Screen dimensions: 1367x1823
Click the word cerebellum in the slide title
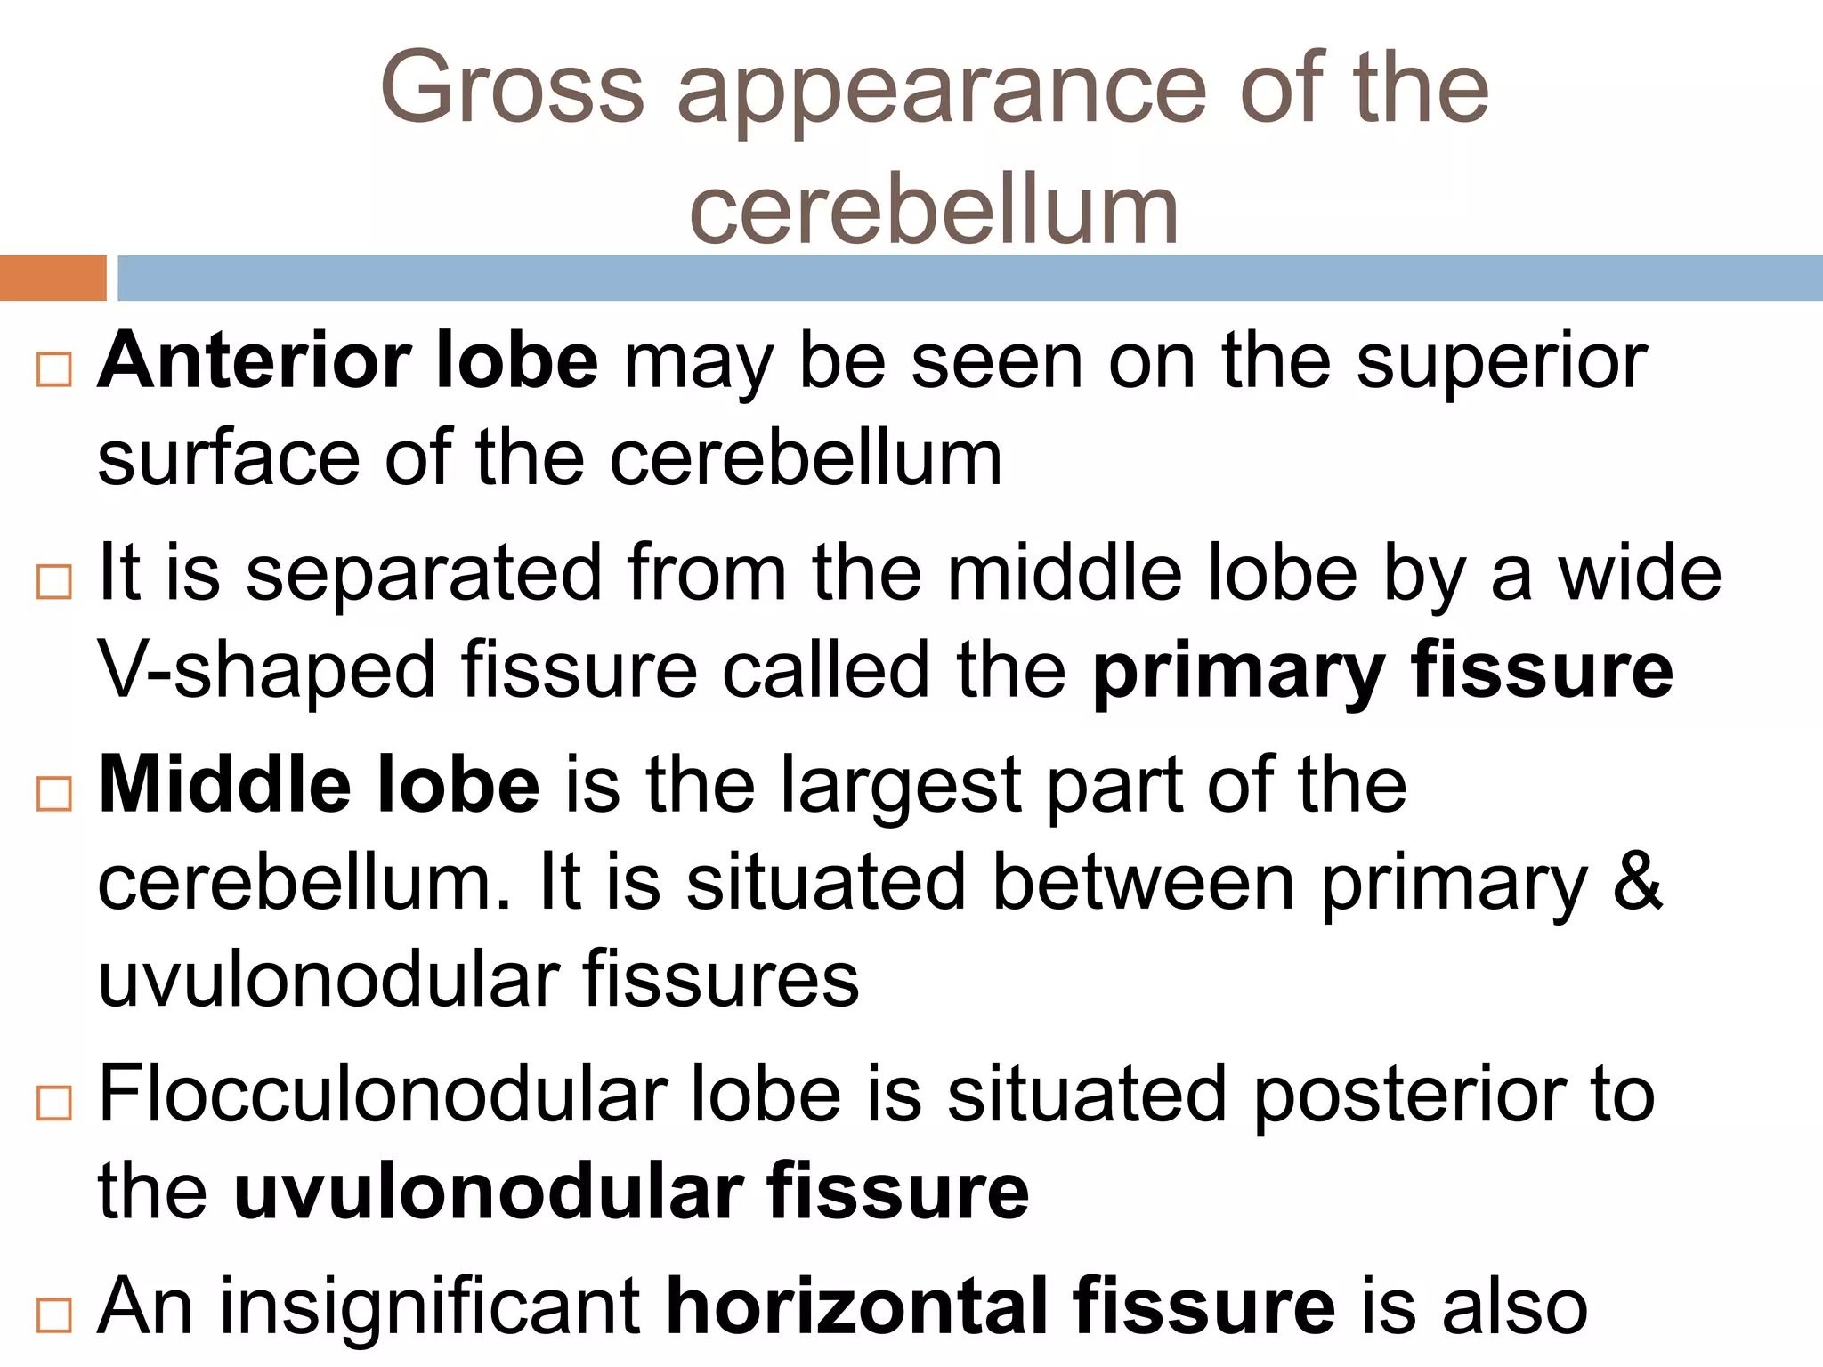pos(934,210)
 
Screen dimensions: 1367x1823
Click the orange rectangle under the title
pos(53,278)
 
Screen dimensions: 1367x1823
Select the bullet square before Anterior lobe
pos(54,368)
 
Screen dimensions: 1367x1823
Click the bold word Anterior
pos(254,361)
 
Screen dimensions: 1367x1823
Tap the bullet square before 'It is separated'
pos(54,582)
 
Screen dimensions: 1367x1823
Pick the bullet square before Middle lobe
pos(54,793)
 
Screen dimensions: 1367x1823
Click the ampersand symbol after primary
pos(1637,881)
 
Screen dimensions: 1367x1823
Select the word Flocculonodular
pos(383,1095)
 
